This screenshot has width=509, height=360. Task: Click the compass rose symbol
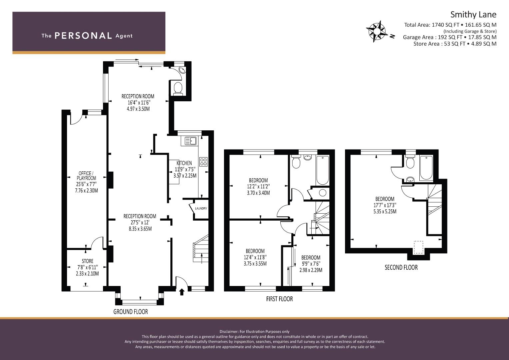(x=377, y=31)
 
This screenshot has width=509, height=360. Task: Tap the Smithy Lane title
(x=473, y=15)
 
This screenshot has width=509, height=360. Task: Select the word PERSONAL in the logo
(x=83, y=36)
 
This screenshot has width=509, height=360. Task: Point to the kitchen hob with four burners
(x=203, y=162)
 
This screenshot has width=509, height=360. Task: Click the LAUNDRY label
(x=201, y=208)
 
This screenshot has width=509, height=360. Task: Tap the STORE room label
(x=87, y=261)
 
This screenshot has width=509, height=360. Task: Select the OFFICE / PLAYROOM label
(x=86, y=176)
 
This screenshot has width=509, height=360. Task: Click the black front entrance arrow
(x=182, y=292)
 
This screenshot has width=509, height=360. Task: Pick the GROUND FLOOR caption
(x=131, y=312)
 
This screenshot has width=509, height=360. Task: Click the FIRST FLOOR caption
(x=279, y=299)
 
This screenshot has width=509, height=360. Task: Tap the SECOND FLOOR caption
(x=401, y=267)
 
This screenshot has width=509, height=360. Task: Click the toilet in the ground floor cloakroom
(x=178, y=88)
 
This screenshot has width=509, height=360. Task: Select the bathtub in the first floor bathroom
(x=322, y=170)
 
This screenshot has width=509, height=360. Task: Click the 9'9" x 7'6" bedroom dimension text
(x=311, y=264)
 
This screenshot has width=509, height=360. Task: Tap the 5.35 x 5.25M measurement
(x=385, y=211)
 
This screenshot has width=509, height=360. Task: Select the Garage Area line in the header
(x=450, y=37)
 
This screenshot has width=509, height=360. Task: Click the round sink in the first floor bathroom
(x=308, y=157)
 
